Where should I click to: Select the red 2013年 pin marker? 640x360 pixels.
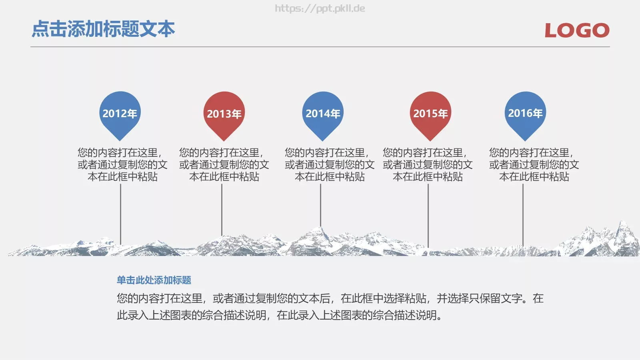[x=224, y=114]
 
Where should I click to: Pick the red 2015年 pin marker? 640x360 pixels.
[x=430, y=114]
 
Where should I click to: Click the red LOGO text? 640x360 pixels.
[x=577, y=30]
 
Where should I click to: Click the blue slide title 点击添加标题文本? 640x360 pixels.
[x=103, y=29]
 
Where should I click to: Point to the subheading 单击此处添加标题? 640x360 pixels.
[x=154, y=280]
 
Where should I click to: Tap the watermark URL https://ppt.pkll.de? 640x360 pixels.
[x=320, y=8]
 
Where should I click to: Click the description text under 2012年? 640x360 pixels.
[x=122, y=164]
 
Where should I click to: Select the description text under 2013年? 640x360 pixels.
[x=224, y=164]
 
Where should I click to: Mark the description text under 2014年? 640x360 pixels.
[x=330, y=164]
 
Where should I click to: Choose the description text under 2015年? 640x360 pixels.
[x=428, y=164]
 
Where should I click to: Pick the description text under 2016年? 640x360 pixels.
[x=534, y=164]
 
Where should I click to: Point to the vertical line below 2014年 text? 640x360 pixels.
[x=320, y=204]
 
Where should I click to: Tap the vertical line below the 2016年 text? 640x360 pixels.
[x=523, y=214]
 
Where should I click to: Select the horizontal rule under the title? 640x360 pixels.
[x=320, y=47]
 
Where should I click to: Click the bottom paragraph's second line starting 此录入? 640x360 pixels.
[x=280, y=315]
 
